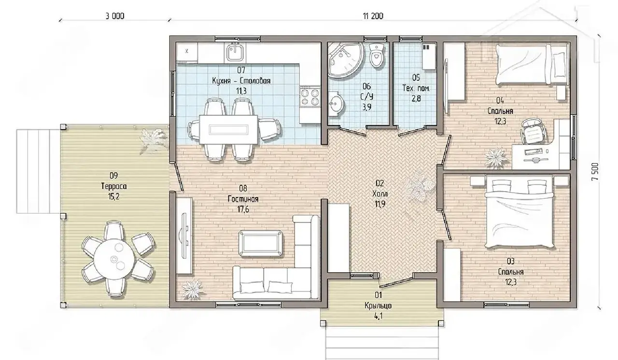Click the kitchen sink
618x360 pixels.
[x=234, y=53]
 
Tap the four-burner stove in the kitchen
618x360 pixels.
[x=310, y=97]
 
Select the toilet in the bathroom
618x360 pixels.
[x=377, y=55]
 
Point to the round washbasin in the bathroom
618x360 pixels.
[x=337, y=104]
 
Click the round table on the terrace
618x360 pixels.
[x=114, y=258]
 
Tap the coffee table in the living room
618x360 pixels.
[x=260, y=243]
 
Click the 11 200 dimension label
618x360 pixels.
[x=373, y=16]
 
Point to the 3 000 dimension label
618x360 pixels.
[x=115, y=16]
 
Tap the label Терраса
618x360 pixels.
[x=114, y=186]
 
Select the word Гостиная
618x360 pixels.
[x=243, y=199]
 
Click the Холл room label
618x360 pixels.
[x=380, y=194]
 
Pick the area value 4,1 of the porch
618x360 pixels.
[x=378, y=316]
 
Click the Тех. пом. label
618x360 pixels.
[x=416, y=88]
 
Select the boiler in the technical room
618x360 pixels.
[x=428, y=57]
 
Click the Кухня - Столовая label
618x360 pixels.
[x=241, y=81]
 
